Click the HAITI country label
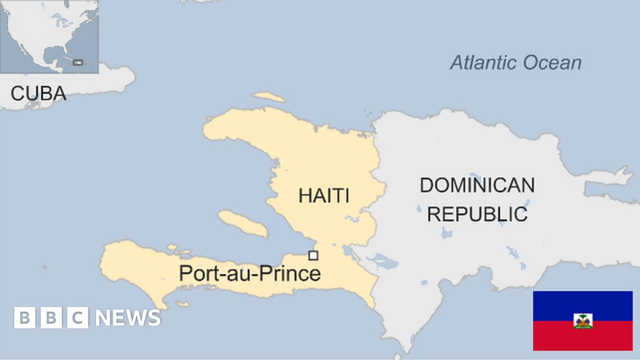pyautogui.click(x=324, y=195)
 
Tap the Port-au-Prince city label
pyautogui.click(x=250, y=274)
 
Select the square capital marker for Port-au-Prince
pyautogui.click(x=313, y=255)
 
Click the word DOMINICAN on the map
pyautogui.click(x=477, y=186)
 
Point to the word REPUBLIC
pyautogui.click(x=477, y=214)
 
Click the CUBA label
pyautogui.click(x=38, y=93)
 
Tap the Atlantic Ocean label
pyautogui.click(x=515, y=62)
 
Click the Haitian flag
pyautogui.click(x=582, y=321)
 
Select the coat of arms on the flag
pyautogui.click(x=583, y=321)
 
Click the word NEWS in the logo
pyautogui.click(x=128, y=318)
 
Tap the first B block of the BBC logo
pyautogui.click(x=25, y=318)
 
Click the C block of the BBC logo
pyautogui.click(x=78, y=318)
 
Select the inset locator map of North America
pyautogui.click(x=49, y=36)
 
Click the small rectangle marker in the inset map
pyautogui.click(x=78, y=62)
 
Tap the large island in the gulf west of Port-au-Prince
pyautogui.click(x=243, y=223)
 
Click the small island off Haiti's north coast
pyautogui.click(x=269, y=97)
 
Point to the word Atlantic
pyautogui.click(x=483, y=62)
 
